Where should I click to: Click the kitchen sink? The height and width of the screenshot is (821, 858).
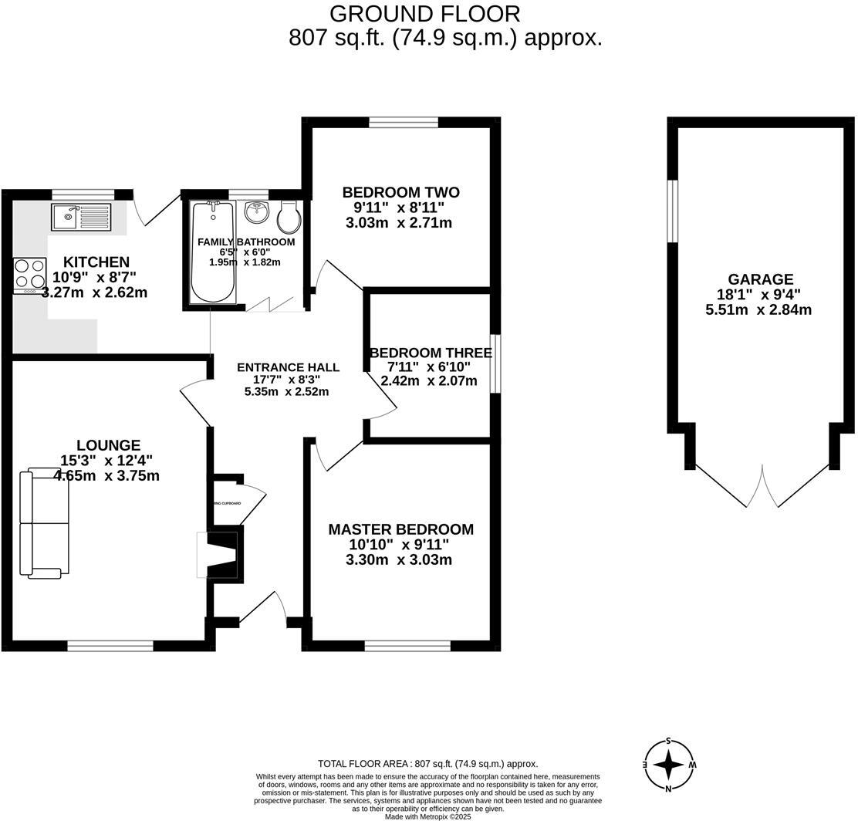(x=82, y=217)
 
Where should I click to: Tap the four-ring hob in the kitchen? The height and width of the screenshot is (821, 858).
(x=29, y=275)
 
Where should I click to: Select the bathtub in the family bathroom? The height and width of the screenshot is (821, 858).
(x=211, y=252)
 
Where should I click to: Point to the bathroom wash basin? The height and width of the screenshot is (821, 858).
(x=257, y=211)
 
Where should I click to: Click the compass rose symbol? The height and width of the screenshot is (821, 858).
(x=668, y=765)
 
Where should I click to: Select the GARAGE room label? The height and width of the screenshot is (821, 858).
(x=759, y=279)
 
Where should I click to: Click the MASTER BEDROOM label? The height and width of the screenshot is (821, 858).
(x=400, y=529)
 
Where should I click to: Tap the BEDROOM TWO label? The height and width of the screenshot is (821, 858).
(x=400, y=192)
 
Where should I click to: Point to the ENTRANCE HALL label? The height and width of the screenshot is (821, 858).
(x=287, y=367)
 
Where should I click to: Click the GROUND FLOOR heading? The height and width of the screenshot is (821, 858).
(x=424, y=14)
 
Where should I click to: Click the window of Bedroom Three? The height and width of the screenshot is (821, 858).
(x=496, y=363)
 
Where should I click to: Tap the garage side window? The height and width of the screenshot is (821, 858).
(x=673, y=211)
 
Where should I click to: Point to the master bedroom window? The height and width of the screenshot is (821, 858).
(x=407, y=645)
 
